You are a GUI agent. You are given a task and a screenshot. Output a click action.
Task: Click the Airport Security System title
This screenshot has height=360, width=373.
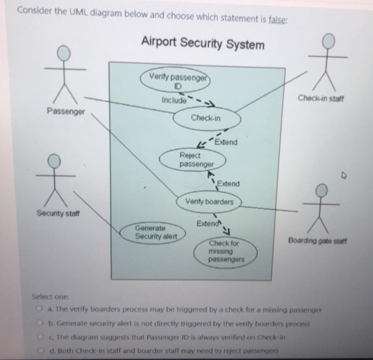pyautogui.click(x=202, y=44)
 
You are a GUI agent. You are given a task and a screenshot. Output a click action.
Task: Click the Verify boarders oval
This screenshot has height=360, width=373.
pyautogui.click(x=209, y=202)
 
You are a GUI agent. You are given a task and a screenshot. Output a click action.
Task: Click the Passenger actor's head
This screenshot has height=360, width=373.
pyautogui.click(x=64, y=53)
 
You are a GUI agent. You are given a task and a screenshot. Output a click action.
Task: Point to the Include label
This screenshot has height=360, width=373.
pyautogui.click(x=174, y=100)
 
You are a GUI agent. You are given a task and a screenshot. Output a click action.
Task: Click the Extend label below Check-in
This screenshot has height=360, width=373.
pyautogui.click(x=226, y=142)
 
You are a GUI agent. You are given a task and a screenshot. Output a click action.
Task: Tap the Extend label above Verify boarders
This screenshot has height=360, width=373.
pyautogui.click(x=229, y=183)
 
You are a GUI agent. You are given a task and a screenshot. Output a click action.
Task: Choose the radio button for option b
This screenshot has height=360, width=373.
pyautogui.click(x=39, y=322)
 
